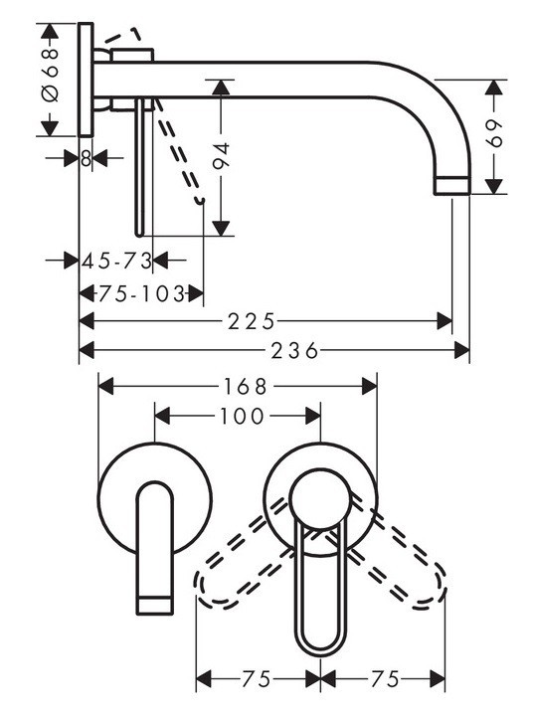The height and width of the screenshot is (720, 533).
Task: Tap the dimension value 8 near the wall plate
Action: pyautogui.click(x=87, y=158)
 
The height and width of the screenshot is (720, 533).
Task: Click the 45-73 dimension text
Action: pyautogui.click(x=116, y=261)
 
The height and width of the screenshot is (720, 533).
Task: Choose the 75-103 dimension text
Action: pyautogui.click(x=143, y=293)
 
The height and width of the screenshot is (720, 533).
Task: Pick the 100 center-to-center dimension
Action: pyautogui.click(x=238, y=417)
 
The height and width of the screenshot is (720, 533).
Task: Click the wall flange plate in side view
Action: pyautogui.click(x=87, y=80)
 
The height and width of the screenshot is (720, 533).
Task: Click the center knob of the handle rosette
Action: pyautogui.click(x=321, y=495)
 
